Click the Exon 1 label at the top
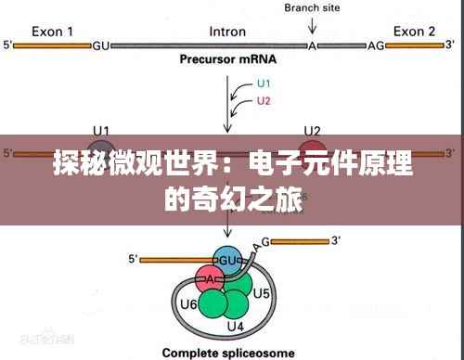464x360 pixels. tap(54, 30)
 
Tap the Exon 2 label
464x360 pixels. tap(414, 30)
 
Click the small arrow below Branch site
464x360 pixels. tap(311, 28)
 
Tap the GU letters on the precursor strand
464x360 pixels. tap(102, 45)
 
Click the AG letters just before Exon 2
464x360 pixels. tap(376, 45)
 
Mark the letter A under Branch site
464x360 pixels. tap(313, 45)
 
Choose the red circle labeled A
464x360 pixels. tap(210, 279)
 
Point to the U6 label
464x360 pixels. tap(187, 303)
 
